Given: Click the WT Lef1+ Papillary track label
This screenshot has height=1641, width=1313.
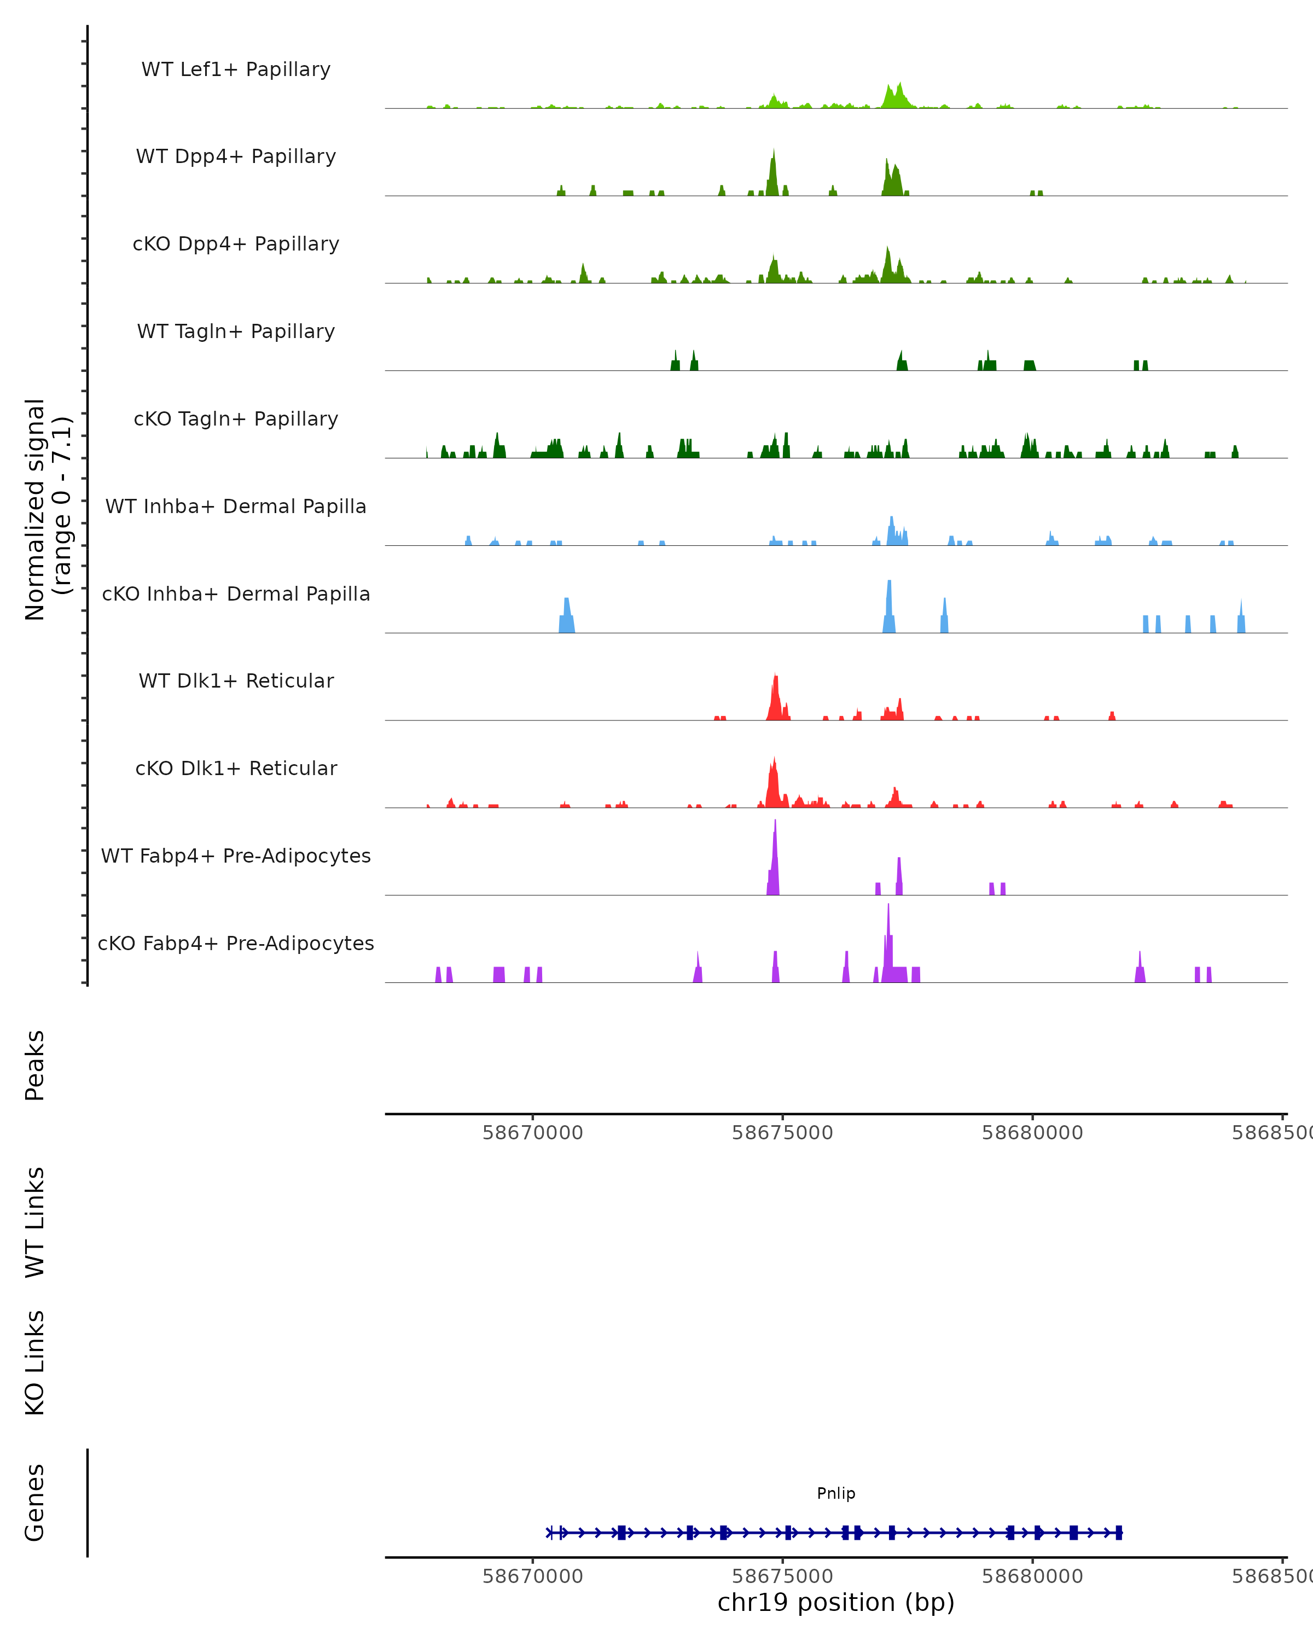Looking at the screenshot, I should (236, 69).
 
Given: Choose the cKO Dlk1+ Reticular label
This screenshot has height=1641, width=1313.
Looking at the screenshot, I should (236, 768).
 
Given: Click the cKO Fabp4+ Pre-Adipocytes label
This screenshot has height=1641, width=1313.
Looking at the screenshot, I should (236, 943).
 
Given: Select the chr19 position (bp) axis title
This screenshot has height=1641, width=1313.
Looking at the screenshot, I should (836, 1603).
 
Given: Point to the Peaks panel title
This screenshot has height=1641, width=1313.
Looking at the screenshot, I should (35, 1065).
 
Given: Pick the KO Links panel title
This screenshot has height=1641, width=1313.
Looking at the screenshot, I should (35, 1363).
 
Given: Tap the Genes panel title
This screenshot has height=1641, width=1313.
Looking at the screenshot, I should (35, 1503).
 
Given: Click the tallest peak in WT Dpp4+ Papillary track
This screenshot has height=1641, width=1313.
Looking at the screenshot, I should (774, 171).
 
